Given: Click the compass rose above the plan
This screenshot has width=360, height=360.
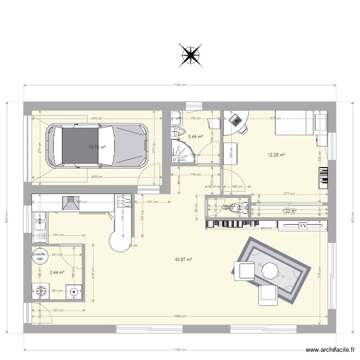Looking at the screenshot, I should pos(191,55).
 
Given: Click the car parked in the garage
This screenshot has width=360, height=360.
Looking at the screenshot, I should pos(100,146).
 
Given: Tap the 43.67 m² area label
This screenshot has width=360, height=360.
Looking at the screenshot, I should pos(183,259).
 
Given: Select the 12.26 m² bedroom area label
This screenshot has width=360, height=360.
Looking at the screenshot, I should pos(276,155).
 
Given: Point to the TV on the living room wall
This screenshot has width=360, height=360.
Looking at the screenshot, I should pos(303,225).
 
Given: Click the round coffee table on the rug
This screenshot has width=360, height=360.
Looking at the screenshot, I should pos(270,271).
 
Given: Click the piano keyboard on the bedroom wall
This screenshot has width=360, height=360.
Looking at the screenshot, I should pos(325,178).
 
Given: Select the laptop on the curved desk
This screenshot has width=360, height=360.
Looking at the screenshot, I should pos(235,120).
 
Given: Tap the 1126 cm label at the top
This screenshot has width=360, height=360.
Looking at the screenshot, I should pos(180,85).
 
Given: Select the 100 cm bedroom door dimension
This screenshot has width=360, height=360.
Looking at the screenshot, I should pos(236,187).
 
